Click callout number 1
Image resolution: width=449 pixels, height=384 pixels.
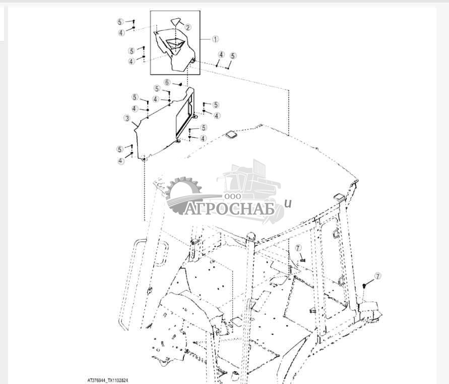click(x=215, y=39)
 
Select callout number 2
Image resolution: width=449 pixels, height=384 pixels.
click(x=188, y=28)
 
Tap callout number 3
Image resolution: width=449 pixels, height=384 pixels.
click(x=127, y=118)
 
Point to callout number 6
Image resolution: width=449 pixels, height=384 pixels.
click(x=167, y=83)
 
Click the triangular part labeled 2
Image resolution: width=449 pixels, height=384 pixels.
click(x=176, y=22)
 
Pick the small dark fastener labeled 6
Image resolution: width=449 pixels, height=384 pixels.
click(x=180, y=84)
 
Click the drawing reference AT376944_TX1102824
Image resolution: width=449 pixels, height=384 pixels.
click(x=108, y=380)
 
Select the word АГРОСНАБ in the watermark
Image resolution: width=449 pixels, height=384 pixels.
click(x=229, y=209)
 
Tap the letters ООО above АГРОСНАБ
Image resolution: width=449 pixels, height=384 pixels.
click(x=233, y=196)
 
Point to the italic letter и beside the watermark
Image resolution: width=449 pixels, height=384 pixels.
click(x=288, y=204)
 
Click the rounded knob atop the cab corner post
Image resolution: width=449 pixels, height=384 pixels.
click(x=250, y=236)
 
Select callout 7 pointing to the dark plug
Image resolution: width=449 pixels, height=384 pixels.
click(x=378, y=276)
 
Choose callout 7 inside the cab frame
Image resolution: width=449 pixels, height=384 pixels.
click(x=298, y=248)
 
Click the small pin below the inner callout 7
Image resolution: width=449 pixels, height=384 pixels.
click(x=303, y=260)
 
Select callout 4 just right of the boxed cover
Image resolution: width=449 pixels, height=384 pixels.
click(x=221, y=54)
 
